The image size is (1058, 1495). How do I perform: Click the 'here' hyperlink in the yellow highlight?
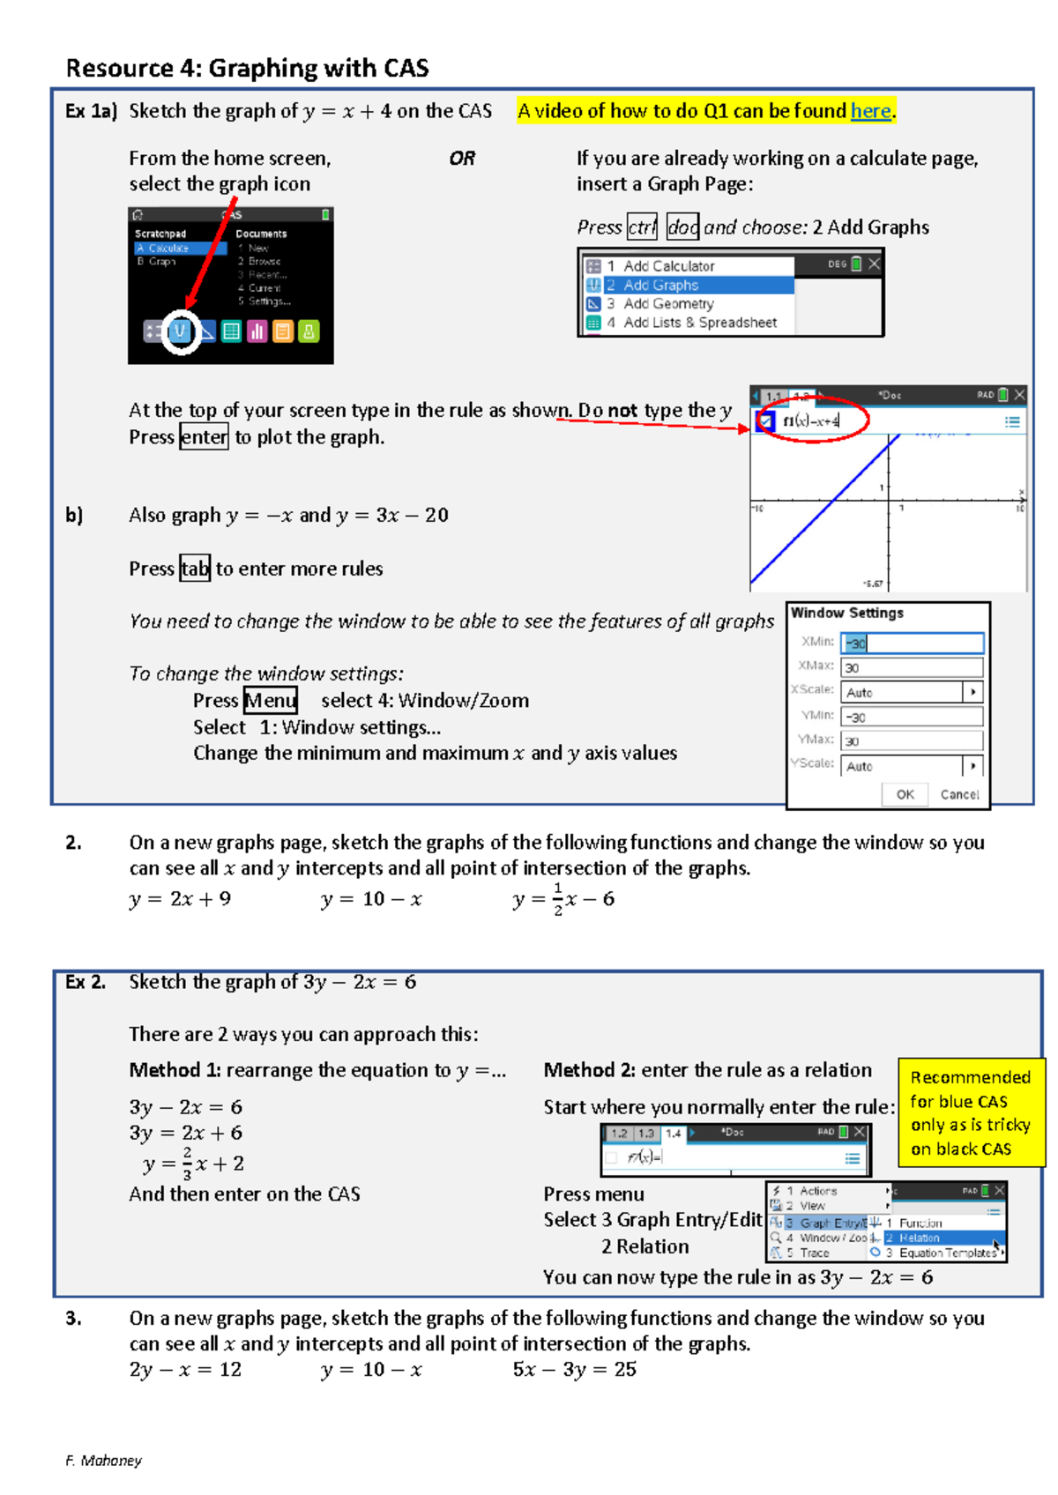coord(870,111)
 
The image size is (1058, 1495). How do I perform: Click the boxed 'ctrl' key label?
coord(642,227)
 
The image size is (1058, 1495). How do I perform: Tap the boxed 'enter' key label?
coord(204,437)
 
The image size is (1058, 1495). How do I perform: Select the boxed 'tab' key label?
coord(195,569)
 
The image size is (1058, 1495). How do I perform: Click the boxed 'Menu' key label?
coord(270,701)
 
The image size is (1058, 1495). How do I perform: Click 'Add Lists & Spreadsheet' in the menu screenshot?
coord(699,323)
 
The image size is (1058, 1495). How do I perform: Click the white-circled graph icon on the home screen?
coord(182,331)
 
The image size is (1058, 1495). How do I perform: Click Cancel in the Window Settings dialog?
coord(958,794)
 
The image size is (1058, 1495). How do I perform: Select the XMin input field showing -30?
coord(911,643)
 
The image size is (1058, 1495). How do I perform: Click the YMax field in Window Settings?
coord(911,741)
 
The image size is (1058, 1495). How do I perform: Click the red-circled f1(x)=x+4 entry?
coord(812,421)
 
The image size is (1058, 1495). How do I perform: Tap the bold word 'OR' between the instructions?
coord(462,159)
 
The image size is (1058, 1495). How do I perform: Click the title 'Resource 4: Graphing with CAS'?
coord(248,68)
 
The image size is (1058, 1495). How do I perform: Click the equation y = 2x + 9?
coord(180,899)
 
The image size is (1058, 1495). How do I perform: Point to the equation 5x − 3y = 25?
coord(574,1369)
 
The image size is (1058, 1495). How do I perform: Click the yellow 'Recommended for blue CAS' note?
coord(970,1112)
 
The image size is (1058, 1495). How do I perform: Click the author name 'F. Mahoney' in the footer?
coord(103,1461)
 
